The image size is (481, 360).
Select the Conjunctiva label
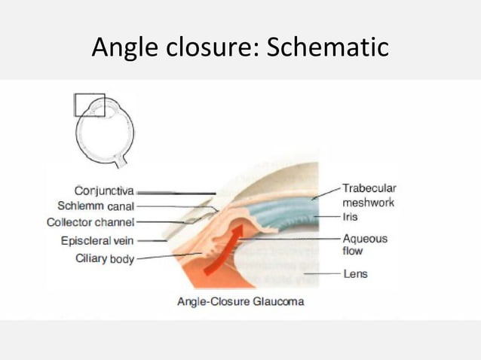105,191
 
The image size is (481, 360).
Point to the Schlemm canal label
96,206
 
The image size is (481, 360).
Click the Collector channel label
90,222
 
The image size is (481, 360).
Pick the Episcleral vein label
97,241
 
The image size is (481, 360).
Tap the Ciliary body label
105,259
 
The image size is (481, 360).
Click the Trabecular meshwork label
369,195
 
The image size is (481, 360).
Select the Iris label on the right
350,216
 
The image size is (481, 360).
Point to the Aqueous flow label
365,244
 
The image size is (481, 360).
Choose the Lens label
355,273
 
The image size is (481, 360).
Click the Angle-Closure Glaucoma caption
240,302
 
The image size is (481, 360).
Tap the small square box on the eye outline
89,105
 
